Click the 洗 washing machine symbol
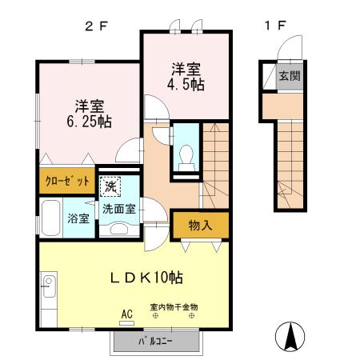pyautogui.click(x=111, y=186)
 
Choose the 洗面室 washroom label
pyautogui.click(x=118, y=209)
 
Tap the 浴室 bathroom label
pyautogui.click(x=78, y=218)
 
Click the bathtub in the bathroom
pyautogui.click(x=50, y=219)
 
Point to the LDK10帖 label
pyautogui.click(x=146, y=278)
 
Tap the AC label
pyautogui.click(x=126, y=314)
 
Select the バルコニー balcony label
pyautogui.click(x=154, y=342)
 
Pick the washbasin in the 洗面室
pyautogui.click(x=118, y=227)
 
